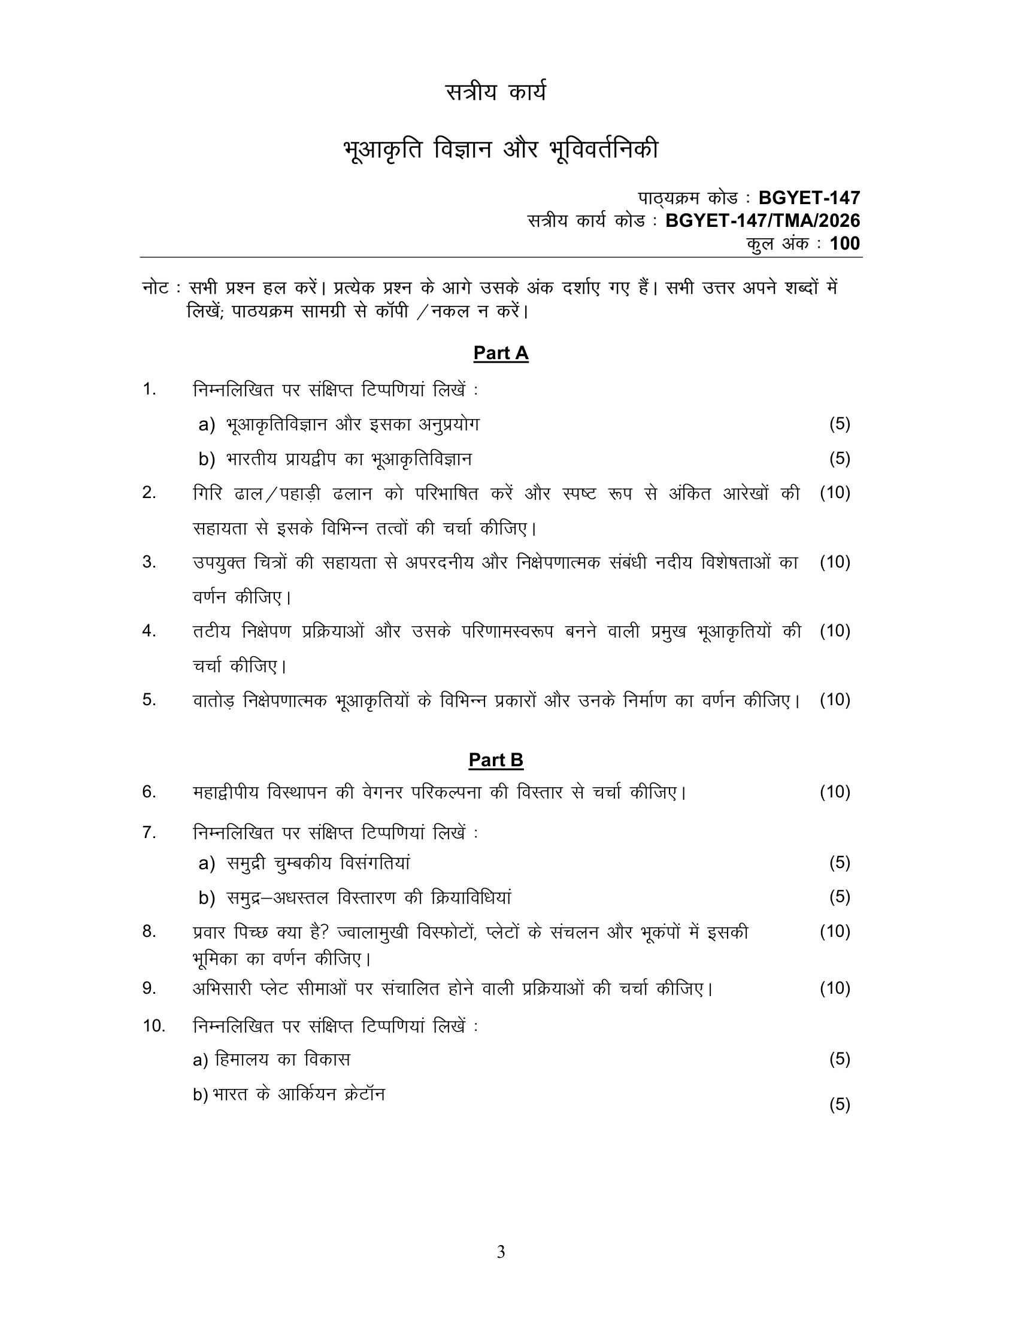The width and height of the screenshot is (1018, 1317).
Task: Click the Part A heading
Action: [501, 353]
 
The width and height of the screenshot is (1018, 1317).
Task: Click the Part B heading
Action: [496, 760]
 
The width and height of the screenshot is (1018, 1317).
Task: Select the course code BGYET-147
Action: [809, 198]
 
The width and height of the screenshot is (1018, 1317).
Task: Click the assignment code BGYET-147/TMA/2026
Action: [762, 221]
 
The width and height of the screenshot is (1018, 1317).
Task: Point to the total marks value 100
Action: [845, 244]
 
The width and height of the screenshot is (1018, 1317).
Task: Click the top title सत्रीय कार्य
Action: [496, 93]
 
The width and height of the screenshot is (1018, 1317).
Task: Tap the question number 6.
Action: [149, 792]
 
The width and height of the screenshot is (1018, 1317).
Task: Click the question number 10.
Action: [154, 1025]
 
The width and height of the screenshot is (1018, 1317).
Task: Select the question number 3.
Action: [149, 562]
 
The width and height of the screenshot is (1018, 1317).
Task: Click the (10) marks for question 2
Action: [835, 493]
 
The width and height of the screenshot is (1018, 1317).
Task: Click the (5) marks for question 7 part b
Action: [840, 897]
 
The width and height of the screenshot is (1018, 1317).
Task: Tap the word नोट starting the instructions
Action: [156, 289]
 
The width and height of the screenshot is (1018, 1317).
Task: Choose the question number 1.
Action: [149, 390]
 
